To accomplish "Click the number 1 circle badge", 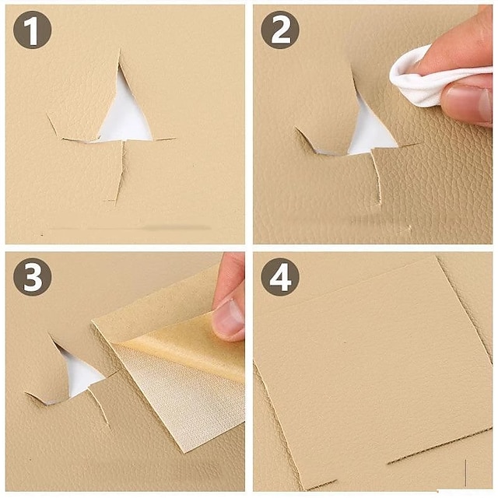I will coord(33,30).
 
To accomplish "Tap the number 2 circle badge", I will coord(279,30).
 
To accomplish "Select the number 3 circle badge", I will coord(33,277).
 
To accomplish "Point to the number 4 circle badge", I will coord(279,277).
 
